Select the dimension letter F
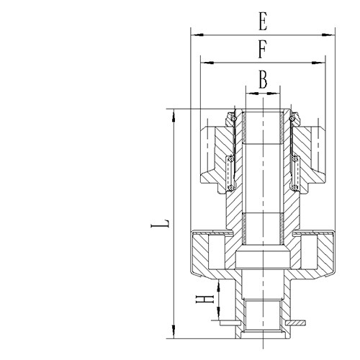(263, 51)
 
